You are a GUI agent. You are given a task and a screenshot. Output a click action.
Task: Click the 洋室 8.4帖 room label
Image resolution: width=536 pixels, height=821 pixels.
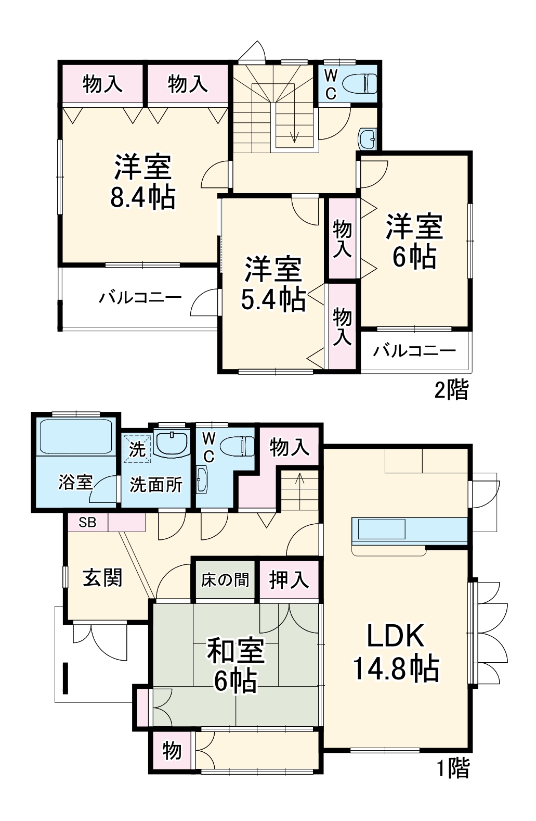coord(142,182)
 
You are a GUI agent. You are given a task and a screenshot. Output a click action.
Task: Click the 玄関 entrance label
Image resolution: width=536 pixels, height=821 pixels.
coord(102,578)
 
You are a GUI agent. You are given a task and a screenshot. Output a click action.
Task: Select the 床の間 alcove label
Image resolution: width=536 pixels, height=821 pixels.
coord(225,579)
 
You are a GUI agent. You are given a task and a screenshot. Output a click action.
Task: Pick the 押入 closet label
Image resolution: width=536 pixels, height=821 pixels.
coord(289,579)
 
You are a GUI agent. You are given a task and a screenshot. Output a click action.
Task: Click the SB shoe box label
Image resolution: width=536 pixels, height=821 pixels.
coord(87,522)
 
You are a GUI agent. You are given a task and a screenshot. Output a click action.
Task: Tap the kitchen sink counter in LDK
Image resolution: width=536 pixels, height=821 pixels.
coord(380,529)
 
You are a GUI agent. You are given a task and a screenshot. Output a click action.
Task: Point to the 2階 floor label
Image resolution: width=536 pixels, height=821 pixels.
coord(451,390)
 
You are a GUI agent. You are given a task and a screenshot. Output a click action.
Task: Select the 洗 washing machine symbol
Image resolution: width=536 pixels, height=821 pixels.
coord(137,449)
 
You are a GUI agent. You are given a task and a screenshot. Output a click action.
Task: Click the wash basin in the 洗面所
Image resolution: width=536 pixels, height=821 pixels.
coord(172,443)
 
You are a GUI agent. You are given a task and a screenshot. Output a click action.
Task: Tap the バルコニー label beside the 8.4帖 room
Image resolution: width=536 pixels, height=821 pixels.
coord(140,298)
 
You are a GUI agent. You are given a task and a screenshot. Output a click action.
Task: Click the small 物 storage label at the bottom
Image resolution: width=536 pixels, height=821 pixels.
coord(172,751)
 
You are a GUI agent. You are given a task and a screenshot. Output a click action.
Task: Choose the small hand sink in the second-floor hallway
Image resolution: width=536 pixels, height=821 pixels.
coord(368,138)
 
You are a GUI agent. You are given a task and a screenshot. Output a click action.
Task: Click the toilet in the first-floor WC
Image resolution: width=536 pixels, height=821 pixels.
coord(238,446)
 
